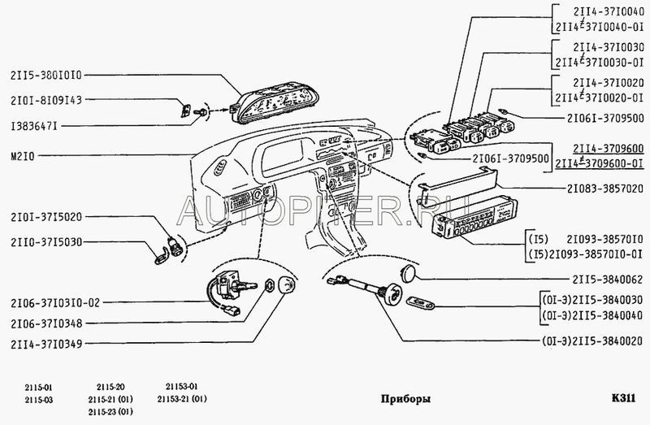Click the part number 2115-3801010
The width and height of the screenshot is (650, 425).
point(46,76)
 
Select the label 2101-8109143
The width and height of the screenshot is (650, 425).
point(46,100)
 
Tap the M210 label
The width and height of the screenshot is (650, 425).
point(23,156)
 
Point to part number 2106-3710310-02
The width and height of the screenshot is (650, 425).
point(55,302)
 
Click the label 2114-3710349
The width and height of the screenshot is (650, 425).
point(46,344)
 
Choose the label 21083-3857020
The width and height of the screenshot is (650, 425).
point(605,189)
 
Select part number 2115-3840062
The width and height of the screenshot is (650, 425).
point(608,280)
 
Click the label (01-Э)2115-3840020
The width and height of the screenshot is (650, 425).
point(592,341)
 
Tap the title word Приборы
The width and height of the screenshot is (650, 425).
point(405,399)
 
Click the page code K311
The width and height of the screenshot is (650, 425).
point(623,398)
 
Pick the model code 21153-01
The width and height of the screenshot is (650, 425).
point(182,387)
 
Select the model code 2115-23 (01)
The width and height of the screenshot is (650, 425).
point(110,412)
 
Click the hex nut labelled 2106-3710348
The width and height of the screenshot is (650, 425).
point(269,285)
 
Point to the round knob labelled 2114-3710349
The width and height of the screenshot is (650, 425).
point(287,285)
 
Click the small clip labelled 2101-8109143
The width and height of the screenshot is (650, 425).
point(186,111)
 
